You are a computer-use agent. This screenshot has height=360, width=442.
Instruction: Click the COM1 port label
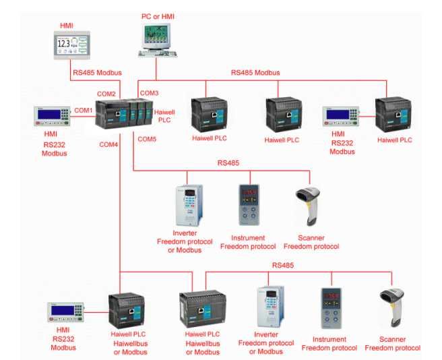tap(83, 110)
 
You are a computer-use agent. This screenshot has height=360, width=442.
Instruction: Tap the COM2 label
tap(106, 93)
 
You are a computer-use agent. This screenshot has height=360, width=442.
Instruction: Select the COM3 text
tap(149, 92)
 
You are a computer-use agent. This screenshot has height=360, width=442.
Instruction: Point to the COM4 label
tap(108, 144)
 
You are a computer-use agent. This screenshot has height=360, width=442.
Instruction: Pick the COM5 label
tap(147, 140)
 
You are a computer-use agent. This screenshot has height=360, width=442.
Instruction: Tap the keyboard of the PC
tap(159, 54)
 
